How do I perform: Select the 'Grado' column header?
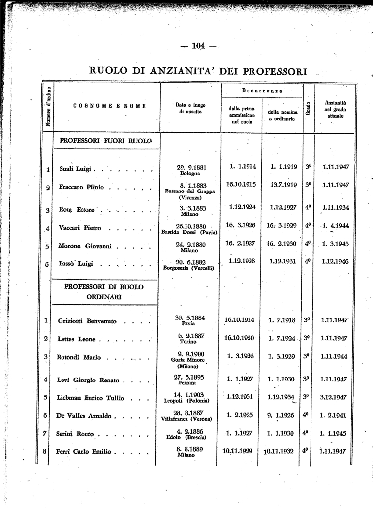(x=308, y=109)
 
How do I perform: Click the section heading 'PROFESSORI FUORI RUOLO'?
(x=105, y=141)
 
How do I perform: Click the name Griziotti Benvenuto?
(x=87, y=321)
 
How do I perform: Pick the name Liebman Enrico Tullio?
(x=90, y=398)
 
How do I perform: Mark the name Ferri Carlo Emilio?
(x=85, y=452)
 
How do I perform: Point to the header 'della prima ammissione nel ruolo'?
(x=241, y=115)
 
